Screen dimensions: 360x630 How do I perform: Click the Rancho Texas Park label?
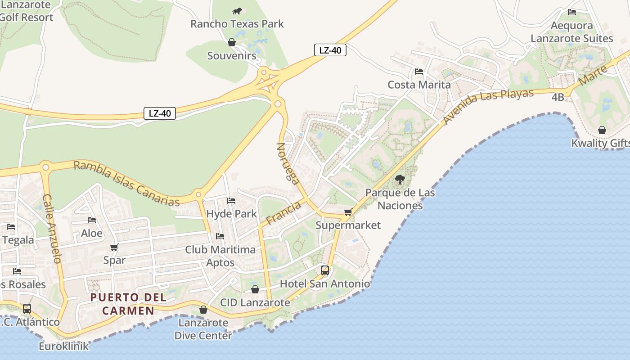click(x=237, y=24)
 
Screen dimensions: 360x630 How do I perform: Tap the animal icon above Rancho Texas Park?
click(x=237, y=11)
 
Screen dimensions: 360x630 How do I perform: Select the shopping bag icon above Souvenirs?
click(x=232, y=43)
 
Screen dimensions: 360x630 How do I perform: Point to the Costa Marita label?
click(x=419, y=85)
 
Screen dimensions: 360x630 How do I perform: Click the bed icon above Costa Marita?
click(x=419, y=72)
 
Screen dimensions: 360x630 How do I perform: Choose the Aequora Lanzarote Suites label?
click(x=571, y=32)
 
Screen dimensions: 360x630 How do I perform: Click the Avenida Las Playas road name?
click(x=488, y=106)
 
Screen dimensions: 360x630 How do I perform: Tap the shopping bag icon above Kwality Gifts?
click(x=602, y=130)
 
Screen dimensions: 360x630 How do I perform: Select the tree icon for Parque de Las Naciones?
click(x=400, y=180)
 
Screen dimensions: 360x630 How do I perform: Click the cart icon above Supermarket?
click(x=348, y=212)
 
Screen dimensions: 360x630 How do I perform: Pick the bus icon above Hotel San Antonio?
click(x=325, y=270)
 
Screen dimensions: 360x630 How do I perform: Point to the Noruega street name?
click(x=288, y=164)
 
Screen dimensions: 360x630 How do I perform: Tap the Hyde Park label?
click(x=232, y=214)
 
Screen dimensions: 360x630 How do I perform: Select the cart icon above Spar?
click(x=114, y=247)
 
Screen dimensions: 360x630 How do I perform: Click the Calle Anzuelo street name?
click(x=52, y=229)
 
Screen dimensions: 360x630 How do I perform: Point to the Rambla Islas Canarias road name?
click(x=126, y=183)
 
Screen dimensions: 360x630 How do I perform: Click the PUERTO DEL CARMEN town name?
click(x=128, y=304)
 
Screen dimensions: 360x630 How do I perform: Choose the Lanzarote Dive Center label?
click(x=203, y=329)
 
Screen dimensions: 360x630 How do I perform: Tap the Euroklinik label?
click(x=63, y=346)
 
